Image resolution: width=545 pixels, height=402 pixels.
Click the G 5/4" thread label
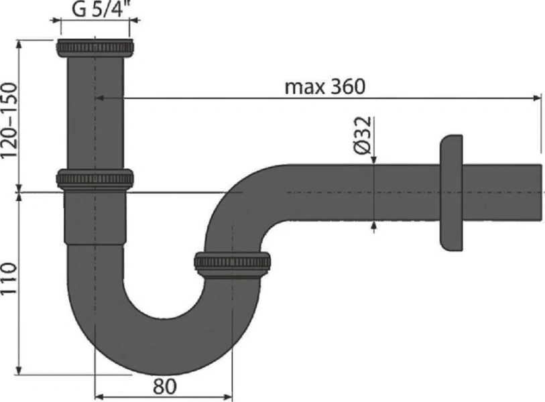tap(95, 11)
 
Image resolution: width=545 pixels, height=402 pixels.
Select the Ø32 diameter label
tap(362, 137)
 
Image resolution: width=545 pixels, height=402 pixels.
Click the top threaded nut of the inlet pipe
tap(95, 48)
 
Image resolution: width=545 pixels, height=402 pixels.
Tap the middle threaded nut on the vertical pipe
tap(95, 179)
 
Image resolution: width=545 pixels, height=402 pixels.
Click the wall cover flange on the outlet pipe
tap(450, 194)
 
